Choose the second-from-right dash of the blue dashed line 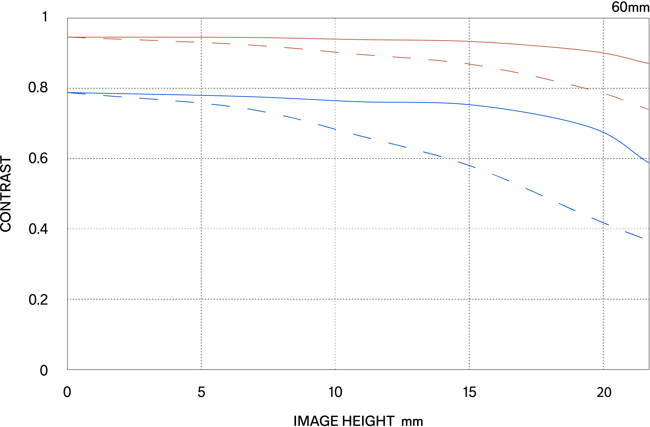pyautogui.click(x=600, y=221)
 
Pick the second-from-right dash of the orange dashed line pyautogui.click(x=615, y=97)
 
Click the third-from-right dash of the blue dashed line pyautogui.click(x=567, y=207)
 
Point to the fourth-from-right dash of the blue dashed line pyautogui.click(x=534, y=192)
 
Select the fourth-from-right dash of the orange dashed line pyautogui.click(x=545, y=79)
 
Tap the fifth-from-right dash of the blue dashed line pyautogui.click(x=501, y=177)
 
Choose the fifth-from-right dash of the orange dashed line pyautogui.click(x=509, y=71)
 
